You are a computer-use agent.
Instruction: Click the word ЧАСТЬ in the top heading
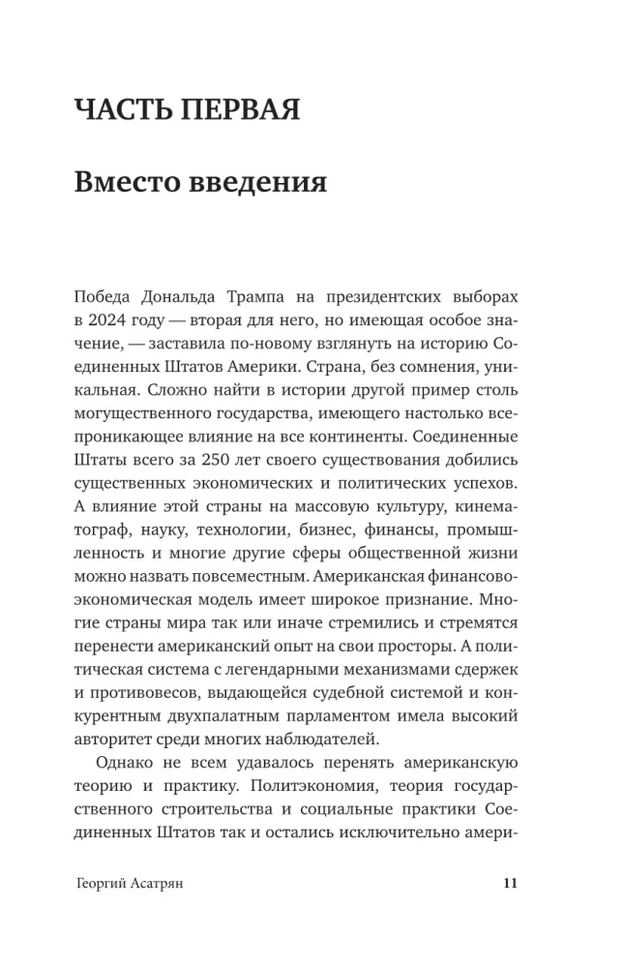click(x=123, y=108)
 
